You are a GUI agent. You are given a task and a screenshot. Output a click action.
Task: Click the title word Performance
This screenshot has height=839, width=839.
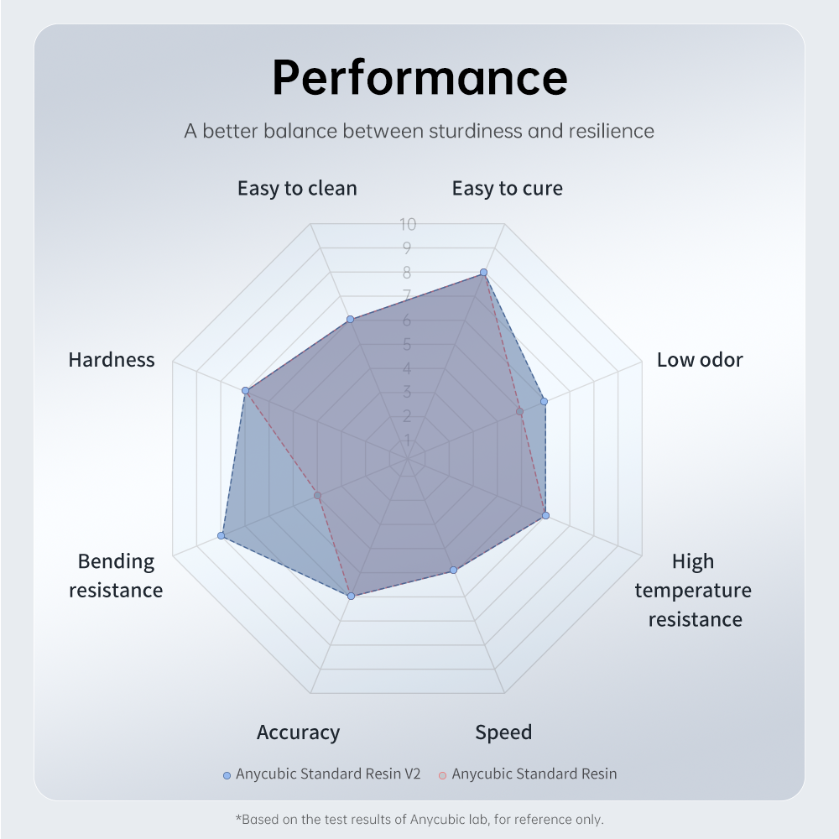pyautogui.click(x=419, y=77)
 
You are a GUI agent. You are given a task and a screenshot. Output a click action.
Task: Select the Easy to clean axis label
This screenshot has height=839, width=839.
pyautogui.click(x=297, y=188)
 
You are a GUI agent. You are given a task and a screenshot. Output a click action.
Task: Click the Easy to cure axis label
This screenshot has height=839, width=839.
pyautogui.click(x=507, y=188)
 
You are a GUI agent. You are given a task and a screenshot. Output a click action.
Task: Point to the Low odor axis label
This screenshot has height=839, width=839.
pyautogui.click(x=700, y=360)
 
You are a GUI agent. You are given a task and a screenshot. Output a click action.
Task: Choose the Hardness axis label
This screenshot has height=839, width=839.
pyautogui.click(x=112, y=360)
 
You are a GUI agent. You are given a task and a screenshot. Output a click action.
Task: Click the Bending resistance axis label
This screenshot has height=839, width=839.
pyautogui.click(x=116, y=576)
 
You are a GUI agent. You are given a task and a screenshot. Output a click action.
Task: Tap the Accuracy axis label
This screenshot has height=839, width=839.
pyautogui.click(x=298, y=732)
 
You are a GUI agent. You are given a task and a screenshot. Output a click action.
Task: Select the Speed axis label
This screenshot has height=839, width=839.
pyautogui.click(x=503, y=732)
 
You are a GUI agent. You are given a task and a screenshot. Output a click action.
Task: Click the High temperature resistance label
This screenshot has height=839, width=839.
pyautogui.click(x=693, y=590)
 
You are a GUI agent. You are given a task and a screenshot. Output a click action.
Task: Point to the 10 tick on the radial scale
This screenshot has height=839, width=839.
pyautogui.click(x=408, y=224)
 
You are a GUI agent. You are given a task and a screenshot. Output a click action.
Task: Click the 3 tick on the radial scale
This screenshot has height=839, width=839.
pyautogui.click(x=407, y=392)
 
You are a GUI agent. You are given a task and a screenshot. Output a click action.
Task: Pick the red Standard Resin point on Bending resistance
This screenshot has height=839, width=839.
pyautogui.click(x=317, y=496)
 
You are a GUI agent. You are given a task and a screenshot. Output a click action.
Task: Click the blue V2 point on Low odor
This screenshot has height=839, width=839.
pyautogui.click(x=544, y=402)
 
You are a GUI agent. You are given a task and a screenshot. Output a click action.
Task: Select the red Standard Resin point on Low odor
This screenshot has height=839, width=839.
pyautogui.click(x=519, y=411)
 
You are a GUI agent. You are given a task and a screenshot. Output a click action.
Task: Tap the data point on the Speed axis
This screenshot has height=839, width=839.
pyautogui.click(x=454, y=571)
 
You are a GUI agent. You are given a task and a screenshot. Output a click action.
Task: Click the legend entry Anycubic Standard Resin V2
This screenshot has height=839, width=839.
pyautogui.click(x=327, y=774)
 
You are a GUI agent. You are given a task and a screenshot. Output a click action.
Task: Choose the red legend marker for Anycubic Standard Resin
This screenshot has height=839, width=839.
pyautogui.click(x=442, y=774)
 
